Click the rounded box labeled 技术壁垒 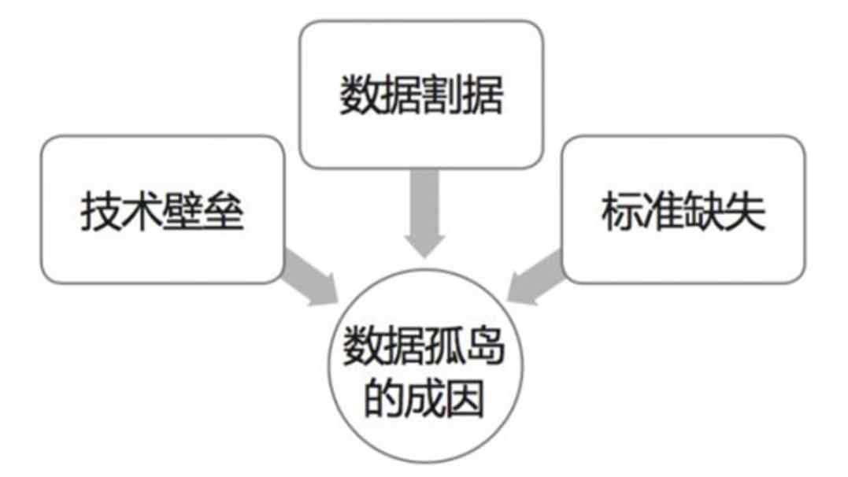click(x=161, y=209)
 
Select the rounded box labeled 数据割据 click(x=422, y=94)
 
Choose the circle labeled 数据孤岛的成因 click(x=423, y=371)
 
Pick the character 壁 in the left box click(x=183, y=211)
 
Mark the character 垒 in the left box click(x=224, y=211)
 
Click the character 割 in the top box click(x=443, y=96)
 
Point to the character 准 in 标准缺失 click(x=663, y=211)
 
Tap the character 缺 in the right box click(x=704, y=211)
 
